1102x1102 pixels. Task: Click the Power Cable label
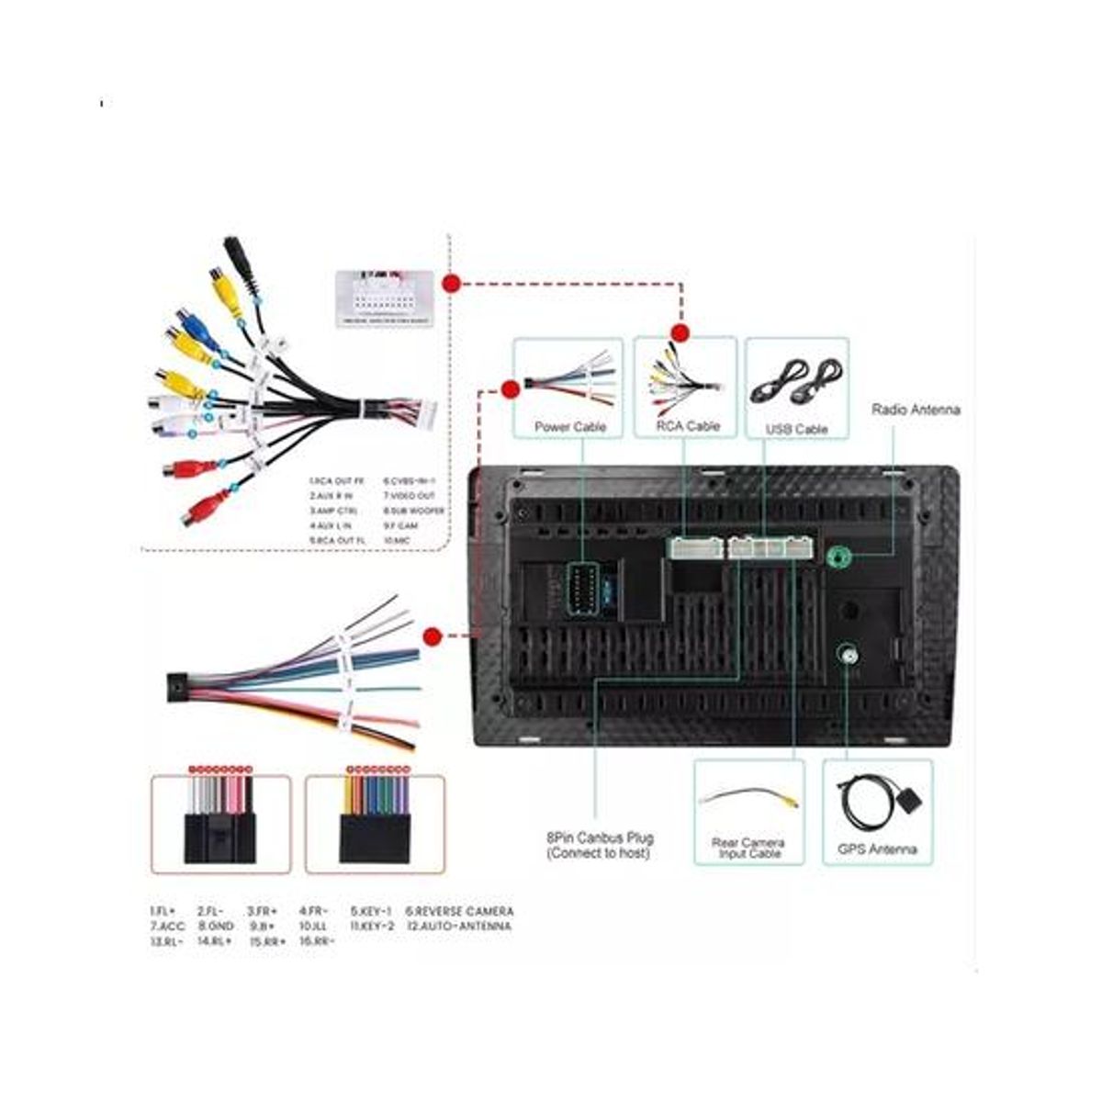[x=569, y=427]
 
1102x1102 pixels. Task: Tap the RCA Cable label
[x=688, y=426]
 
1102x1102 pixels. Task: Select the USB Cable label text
[x=796, y=429]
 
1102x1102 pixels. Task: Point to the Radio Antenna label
[x=916, y=410]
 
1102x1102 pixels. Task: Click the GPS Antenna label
[x=877, y=849]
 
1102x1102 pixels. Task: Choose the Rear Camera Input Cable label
[x=749, y=848]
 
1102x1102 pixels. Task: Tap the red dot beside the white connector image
[x=451, y=284]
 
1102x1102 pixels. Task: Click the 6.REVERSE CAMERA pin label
[x=459, y=911]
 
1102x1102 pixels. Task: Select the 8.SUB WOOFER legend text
[x=414, y=511]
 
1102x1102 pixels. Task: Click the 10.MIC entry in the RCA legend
[x=397, y=541]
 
